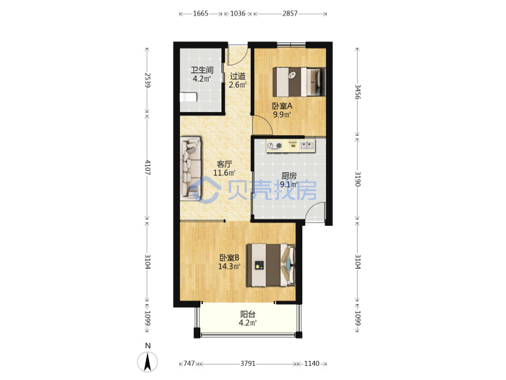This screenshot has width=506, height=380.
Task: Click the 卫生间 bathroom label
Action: click(202, 70)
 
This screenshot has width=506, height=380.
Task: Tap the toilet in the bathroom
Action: click(188, 97)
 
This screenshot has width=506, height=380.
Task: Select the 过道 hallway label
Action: click(238, 76)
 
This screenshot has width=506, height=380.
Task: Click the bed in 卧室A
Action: click(299, 82)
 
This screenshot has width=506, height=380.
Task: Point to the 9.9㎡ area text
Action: click(282, 115)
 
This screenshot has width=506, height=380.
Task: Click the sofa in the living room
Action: click(190, 167)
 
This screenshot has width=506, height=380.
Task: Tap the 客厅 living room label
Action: click(224, 164)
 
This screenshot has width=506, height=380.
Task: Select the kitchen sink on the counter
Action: click(307, 145)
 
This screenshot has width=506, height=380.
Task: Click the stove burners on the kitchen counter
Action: click(275, 146)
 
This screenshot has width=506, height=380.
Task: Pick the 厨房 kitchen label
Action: click(289, 176)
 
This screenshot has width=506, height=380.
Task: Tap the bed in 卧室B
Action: click(271, 265)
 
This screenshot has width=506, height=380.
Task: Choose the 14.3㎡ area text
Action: click(229, 267)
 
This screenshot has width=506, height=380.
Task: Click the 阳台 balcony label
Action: click(248, 314)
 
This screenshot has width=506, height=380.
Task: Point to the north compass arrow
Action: click(148, 362)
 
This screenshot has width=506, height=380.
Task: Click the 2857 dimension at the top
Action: click(290, 13)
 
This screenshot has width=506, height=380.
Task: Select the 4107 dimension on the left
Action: click(148, 167)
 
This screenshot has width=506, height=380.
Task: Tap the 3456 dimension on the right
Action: click(358, 91)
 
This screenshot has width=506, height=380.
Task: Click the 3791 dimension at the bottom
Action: click(248, 364)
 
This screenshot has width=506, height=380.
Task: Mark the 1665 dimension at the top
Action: click(200, 13)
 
